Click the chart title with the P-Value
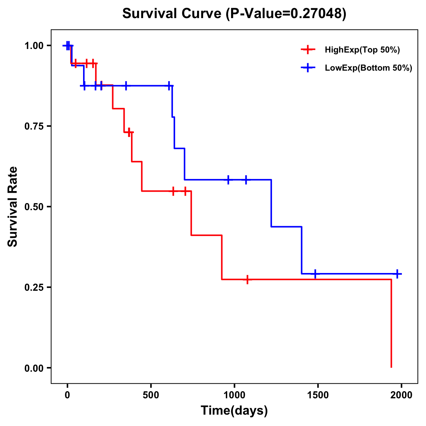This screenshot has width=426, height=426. [x=234, y=13]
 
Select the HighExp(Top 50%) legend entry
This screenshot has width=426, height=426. [x=362, y=50]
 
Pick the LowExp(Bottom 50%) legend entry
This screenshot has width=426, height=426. [x=368, y=68]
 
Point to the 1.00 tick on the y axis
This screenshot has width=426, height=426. [x=34, y=46]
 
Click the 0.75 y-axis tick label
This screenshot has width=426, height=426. [x=34, y=126]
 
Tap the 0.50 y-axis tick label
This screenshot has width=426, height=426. [x=34, y=207]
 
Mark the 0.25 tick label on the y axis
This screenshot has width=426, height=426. [x=34, y=288]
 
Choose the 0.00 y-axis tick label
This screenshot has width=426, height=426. [x=34, y=368]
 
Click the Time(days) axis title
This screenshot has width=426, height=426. [x=234, y=411]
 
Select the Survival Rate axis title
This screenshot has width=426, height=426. [x=13, y=207]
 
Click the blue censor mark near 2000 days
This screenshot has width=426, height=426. [x=397, y=274]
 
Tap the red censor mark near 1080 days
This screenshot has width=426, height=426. [x=247, y=279]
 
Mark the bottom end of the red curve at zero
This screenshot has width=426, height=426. [x=391, y=367]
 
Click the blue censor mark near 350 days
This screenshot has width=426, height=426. [x=126, y=86]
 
